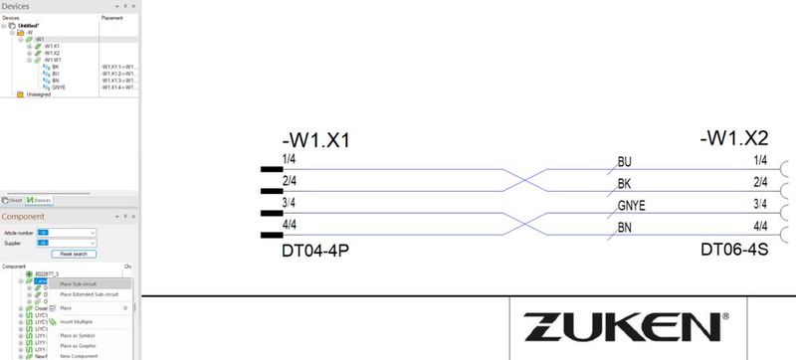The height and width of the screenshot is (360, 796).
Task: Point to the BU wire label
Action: tap(625, 161)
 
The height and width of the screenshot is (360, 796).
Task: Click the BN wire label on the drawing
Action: tap(625, 227)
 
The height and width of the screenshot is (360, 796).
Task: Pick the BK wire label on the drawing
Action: tap(625, 183)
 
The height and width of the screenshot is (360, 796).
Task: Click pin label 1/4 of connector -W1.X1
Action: tap(289, 159)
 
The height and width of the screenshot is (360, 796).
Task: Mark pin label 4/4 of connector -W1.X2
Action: tap(759, 227)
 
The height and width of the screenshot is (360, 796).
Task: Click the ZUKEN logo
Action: tap(622, 325)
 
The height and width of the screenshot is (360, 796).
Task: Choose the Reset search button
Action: tap(68, 254)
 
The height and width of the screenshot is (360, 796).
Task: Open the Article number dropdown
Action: tap(66, 232)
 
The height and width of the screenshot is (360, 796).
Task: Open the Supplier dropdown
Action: tap(66, 242)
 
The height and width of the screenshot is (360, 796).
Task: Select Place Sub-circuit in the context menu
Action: tap(81, 284)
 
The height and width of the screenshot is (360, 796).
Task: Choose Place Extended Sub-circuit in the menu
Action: tap(89, 294)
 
